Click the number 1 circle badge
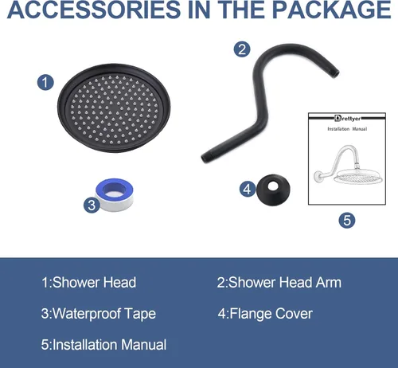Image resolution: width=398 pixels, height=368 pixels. [45, 82]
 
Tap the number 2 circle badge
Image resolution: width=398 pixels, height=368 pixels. [242, 49]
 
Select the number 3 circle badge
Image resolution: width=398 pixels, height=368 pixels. [92, 205]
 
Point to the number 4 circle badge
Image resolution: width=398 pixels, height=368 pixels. [248, 189]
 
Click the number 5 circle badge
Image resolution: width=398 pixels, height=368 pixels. [347, 220]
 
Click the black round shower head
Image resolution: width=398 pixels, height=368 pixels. [114, 108]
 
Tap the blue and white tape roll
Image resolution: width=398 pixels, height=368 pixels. [115, 195]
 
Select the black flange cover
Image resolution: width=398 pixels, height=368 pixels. [273, 190]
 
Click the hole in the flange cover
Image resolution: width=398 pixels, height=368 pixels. [272, 186]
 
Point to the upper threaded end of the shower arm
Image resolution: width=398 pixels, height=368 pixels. [334, 72]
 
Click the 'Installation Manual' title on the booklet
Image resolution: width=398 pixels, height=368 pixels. [347, 129]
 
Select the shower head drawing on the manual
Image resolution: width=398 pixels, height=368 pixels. [349, 165]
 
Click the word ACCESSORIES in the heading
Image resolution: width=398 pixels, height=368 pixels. [94, 10]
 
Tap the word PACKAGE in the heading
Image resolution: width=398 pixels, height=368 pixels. [332, 10]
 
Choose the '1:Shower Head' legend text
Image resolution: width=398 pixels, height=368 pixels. [88, 282]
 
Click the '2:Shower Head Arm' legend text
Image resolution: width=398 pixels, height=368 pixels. [279, 282]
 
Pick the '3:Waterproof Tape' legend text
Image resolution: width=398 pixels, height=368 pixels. [99, 314]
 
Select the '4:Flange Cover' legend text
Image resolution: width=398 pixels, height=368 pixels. [265, 314]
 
